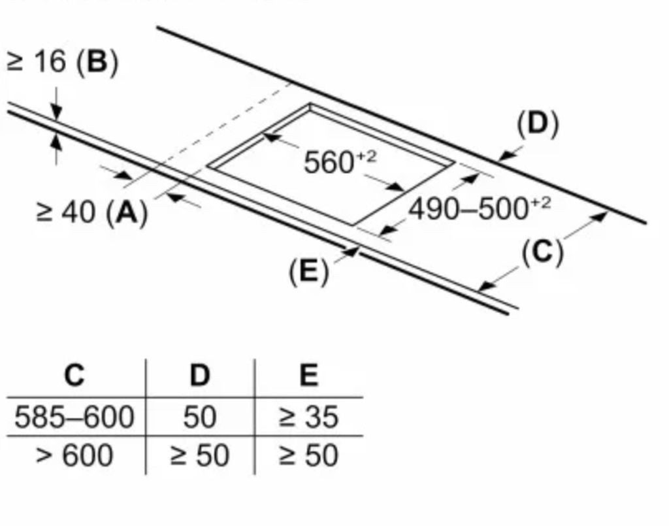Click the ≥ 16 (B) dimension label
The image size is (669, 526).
click(x=62, y=62)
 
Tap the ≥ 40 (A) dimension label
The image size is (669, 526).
click(x=91, y=212)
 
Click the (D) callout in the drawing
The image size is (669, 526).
click(x=538, y=123)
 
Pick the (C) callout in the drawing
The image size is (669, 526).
click(x=542, y=252)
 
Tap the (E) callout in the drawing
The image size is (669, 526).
click(x=309, y=271)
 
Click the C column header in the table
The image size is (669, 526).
click(x=74, y=376)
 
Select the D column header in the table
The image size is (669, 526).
click(x=200, y=376)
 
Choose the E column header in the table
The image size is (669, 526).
click(x=309, y=376)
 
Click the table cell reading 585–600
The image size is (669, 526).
click(x=74, y=417)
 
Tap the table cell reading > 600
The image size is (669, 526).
click(x=74, y=455)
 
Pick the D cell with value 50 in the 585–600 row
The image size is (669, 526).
click(x=200, y=417)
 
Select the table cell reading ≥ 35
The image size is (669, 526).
click(x=309, y=417)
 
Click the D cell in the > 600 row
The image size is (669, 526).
click(x=200, y=455)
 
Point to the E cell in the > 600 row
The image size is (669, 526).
click(x=309, y=455)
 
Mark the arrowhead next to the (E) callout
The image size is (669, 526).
click(x=351, y=252)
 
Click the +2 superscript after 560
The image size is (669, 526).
click(x=367, y=157)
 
